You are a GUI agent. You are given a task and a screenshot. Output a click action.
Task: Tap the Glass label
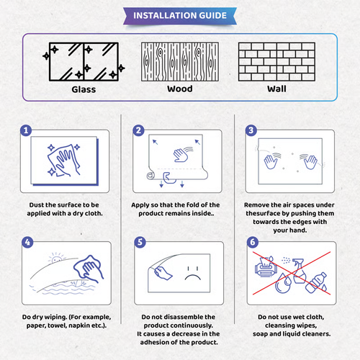pyautogui.click(x=84, y=90)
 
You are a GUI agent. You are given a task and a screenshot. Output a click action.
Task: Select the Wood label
pyautogui.click(x=179, y=90)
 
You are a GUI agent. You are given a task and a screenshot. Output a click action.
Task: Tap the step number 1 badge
pyautogui.click(x=26, y=131)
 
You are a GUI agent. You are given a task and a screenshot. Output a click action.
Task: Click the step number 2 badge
pyautogui.click(x=139, y=131)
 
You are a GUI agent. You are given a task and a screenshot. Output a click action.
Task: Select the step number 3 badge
pyautogui.click(x=251, y=131)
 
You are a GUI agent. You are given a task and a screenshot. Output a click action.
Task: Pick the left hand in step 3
pyautogui.click(x=271, y=160)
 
